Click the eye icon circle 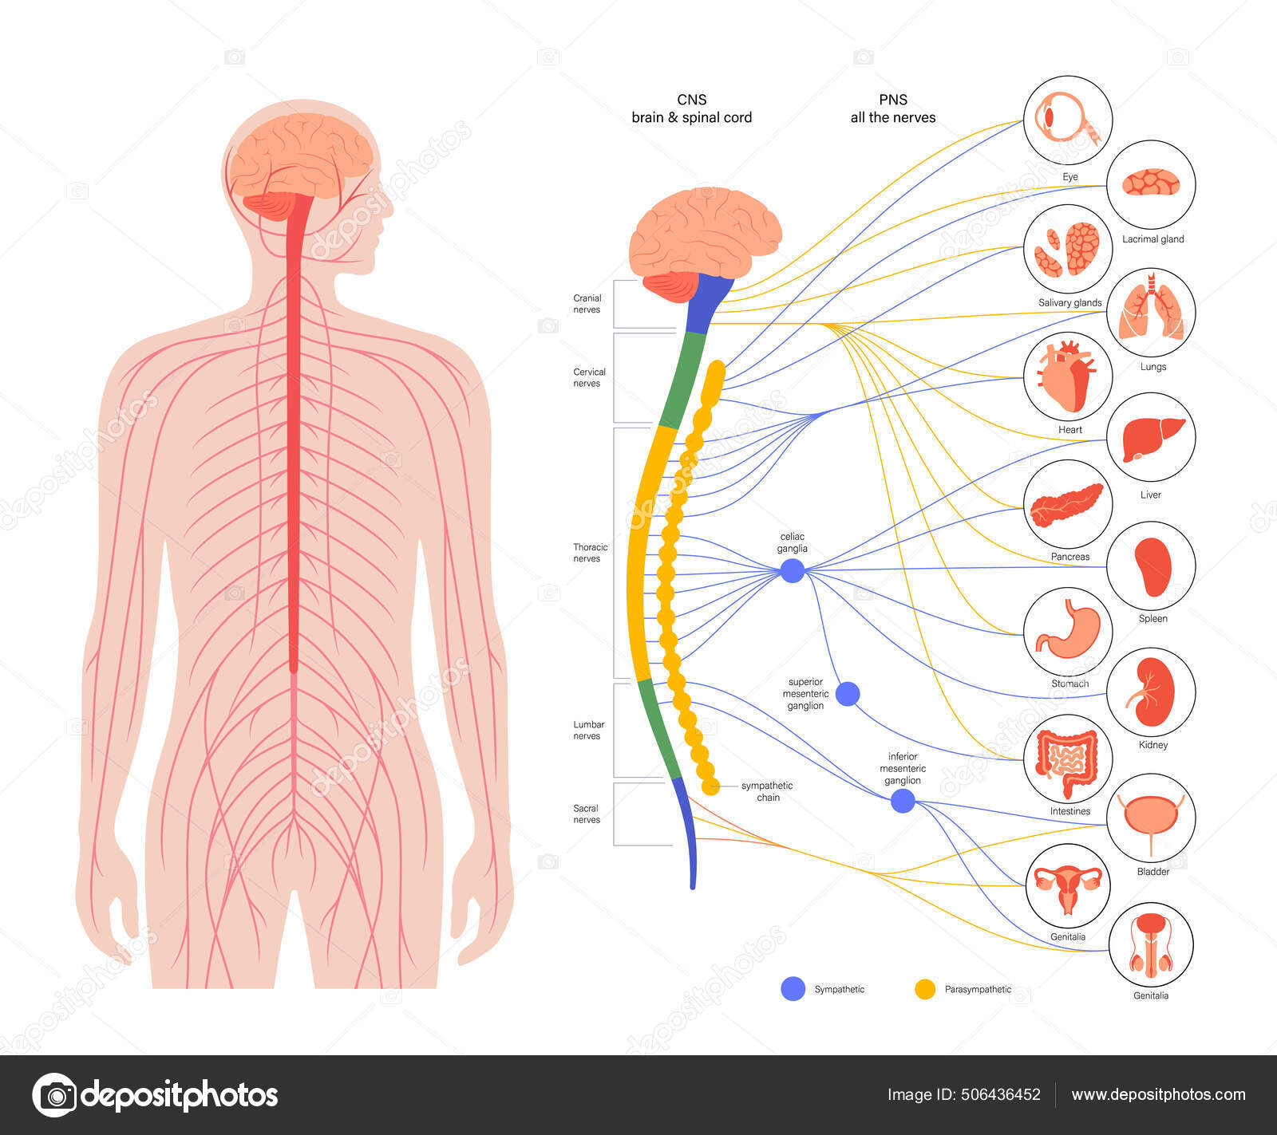[1068, 120]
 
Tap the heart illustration [1068, 376]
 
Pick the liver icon [1151, 437]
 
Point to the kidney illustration [1151, 691]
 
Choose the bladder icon [1151, 818]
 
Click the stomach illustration [1068, 630]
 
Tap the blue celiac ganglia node [792, 570]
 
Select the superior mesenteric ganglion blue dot [848, 694]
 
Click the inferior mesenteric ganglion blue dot [903, 801]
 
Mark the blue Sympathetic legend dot [793, 989]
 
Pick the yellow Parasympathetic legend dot [925, 989]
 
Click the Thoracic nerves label [590, 553]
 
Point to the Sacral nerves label [586, 814]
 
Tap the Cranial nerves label [587, 304]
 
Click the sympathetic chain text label [766, 791]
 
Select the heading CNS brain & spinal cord [691, 108]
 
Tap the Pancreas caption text [1069, 557]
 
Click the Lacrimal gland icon [1151, 183]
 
